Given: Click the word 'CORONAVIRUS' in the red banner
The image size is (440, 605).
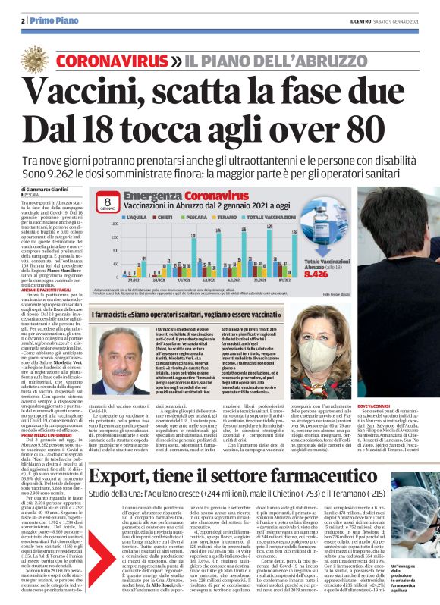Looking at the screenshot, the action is (112, 60).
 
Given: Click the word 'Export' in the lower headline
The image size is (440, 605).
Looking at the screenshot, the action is (127, 456).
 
